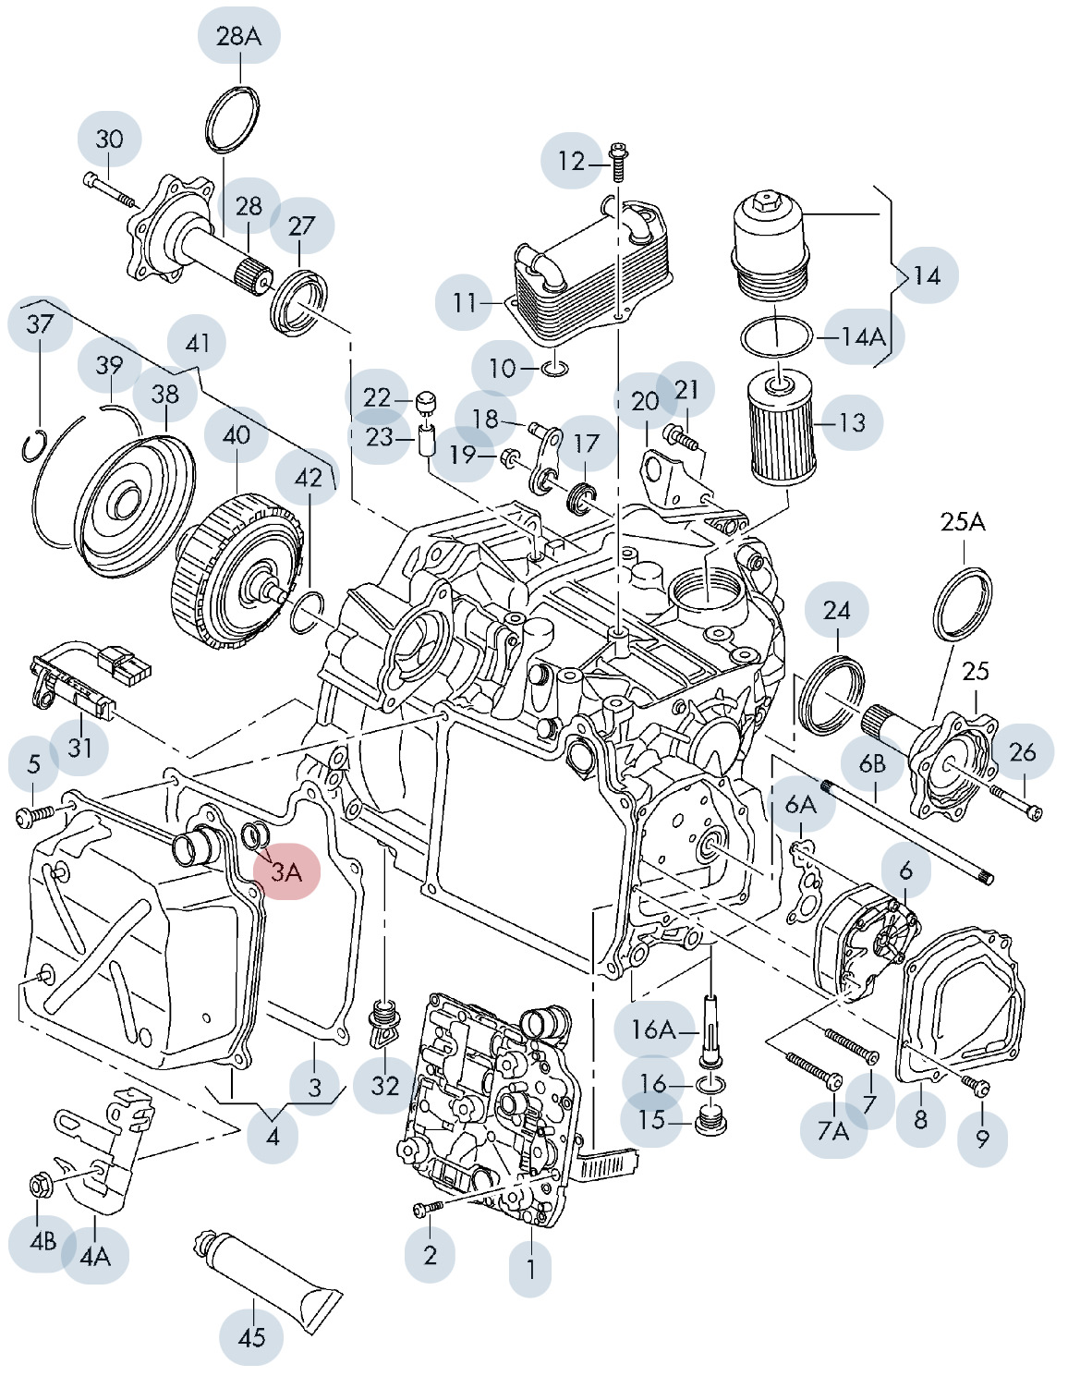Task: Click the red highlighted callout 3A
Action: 286,871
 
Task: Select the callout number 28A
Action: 238,36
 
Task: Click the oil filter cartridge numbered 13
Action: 782,425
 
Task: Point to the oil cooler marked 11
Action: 589,274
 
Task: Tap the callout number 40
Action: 237,434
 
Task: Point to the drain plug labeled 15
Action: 710,1121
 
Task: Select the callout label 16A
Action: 652,1029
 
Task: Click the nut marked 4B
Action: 41,1184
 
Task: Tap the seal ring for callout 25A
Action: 963,604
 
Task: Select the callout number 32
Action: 384,1085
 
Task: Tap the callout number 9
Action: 982,1139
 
